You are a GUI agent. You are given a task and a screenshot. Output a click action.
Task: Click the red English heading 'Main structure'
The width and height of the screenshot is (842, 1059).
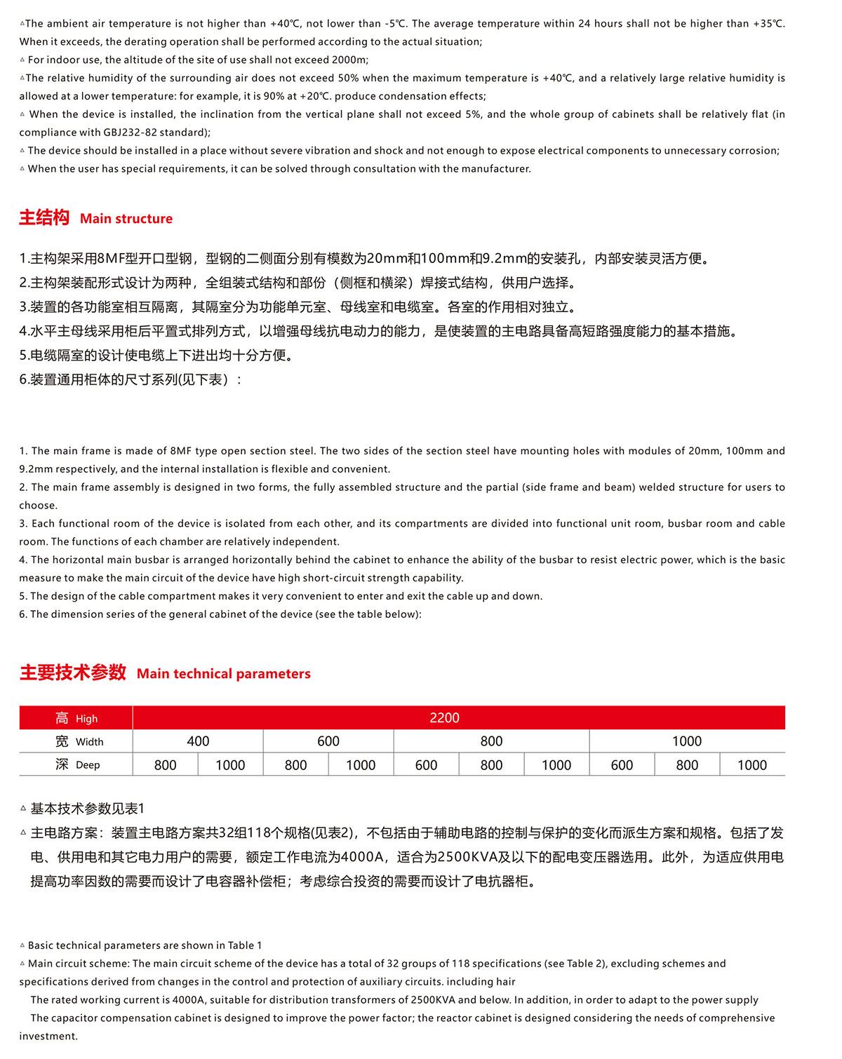126,219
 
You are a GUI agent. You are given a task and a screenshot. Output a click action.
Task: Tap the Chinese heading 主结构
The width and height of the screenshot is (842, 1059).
44,217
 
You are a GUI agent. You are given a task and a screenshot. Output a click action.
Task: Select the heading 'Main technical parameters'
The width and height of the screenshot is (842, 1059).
223,674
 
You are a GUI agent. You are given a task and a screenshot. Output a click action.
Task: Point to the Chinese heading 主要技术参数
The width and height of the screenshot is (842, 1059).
73,673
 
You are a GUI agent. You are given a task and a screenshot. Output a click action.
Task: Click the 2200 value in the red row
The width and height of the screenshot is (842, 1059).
444,717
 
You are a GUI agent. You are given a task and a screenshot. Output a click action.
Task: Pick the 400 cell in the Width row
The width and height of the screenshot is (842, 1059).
198,741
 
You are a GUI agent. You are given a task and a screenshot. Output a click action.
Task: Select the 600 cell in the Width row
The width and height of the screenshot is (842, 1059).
328,741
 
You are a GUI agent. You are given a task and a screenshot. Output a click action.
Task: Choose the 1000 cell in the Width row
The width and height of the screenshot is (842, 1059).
687,741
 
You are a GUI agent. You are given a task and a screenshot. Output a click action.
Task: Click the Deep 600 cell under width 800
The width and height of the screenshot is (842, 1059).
426,765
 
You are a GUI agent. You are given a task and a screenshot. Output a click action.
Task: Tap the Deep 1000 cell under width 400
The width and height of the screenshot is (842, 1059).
230,765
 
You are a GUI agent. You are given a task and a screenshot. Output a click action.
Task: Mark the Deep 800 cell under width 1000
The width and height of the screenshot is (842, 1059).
687,765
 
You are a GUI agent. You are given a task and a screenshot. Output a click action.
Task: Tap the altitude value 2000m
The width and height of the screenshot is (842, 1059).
349,60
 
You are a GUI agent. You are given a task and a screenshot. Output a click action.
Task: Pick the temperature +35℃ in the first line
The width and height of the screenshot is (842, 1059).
768,24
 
